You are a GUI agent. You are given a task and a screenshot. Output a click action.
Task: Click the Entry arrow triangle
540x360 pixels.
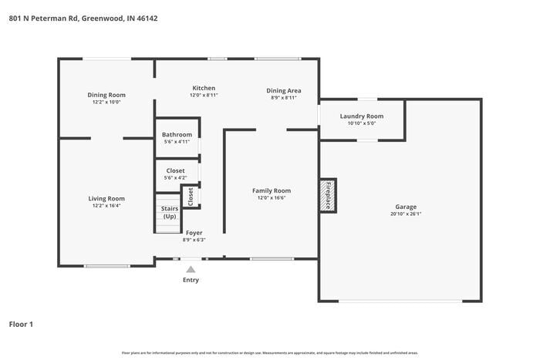point(191,269)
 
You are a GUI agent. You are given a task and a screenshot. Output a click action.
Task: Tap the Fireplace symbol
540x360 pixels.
point(328,195)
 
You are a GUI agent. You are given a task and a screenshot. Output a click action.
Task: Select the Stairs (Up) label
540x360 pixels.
point(169,213)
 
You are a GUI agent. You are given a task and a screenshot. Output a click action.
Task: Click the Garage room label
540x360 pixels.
point(406,207)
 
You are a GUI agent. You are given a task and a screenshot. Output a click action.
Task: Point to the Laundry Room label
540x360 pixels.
point(361,116)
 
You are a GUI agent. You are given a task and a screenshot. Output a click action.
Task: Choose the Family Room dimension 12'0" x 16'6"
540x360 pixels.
point(272,197)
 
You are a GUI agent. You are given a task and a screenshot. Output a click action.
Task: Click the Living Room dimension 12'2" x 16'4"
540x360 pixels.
point(106,205)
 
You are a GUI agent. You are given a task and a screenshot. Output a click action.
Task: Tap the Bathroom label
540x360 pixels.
point(177,135)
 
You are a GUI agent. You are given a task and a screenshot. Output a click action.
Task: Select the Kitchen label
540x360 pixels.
point(204,88)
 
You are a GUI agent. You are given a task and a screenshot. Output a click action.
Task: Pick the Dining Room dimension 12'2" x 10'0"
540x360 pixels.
point(106,102)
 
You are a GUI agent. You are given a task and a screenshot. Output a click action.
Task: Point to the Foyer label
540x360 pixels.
point(194,233)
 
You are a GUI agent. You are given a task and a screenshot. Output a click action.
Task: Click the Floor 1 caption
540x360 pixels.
point(22,325)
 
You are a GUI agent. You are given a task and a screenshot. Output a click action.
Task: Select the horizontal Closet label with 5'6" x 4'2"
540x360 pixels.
point(176,170)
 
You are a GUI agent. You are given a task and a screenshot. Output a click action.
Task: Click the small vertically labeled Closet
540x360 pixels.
point(191,196)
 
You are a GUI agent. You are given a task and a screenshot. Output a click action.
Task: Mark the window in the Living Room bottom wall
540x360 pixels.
point(106,266)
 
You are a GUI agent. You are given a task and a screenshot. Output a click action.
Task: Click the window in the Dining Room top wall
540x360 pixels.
point(106,59)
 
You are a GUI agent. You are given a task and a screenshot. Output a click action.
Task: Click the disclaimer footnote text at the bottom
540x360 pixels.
point(270,352)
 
